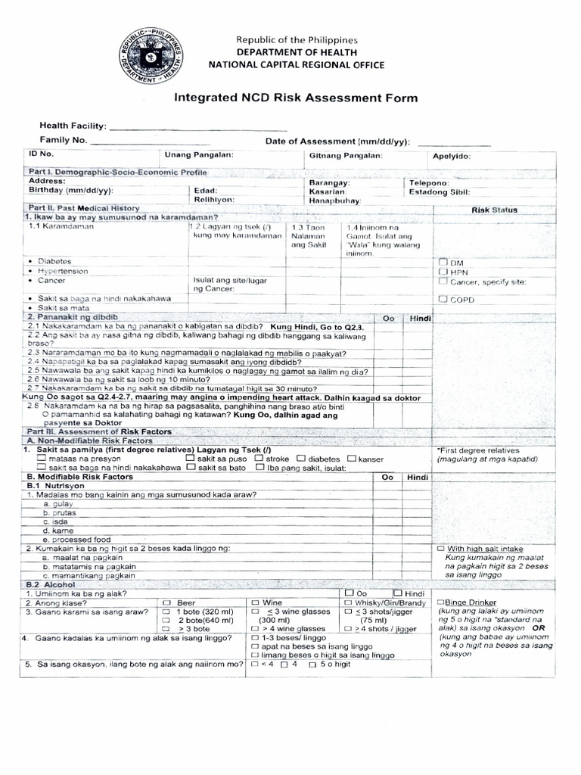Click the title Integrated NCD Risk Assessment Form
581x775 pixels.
click(296, 98)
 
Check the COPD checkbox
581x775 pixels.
click(443, 299)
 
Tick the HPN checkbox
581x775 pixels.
click(443, 270)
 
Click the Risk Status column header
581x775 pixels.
click(495, 210)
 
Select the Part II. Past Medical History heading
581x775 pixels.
click(83, 207)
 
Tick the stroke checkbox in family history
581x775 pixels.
click(259, 459)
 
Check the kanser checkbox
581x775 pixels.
click(351, 459)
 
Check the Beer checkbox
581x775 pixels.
click(167, 602)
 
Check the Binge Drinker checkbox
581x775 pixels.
click(440, 602)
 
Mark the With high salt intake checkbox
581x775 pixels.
click(441, 548)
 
